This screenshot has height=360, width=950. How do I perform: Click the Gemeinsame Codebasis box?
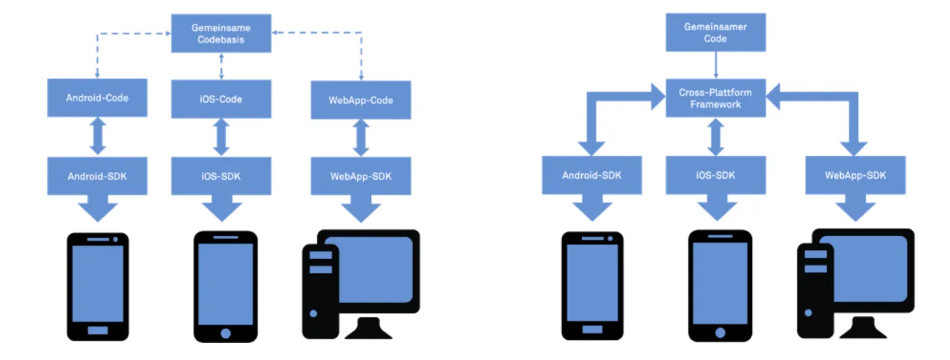[x=220, y=34]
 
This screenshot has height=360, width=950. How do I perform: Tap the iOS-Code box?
[x=220, y=99]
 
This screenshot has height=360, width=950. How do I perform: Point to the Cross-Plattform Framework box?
[x=715, y=99]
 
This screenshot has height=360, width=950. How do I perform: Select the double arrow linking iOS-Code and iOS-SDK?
[x=220, y=137]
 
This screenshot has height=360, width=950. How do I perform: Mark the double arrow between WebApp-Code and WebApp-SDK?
[x=361, y=137]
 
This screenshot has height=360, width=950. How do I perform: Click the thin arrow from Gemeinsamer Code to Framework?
[x=715, y=65]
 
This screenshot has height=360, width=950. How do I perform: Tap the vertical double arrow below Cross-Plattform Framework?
[x=715, y=137]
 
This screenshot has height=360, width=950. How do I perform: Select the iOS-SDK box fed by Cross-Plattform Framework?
[x=715, y=176]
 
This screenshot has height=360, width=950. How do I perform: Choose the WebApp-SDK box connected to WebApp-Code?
[x=361, y=176]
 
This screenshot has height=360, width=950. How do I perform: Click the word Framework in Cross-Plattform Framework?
[x=715, y=105]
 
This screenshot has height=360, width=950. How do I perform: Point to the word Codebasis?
[x=220, y=40]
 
